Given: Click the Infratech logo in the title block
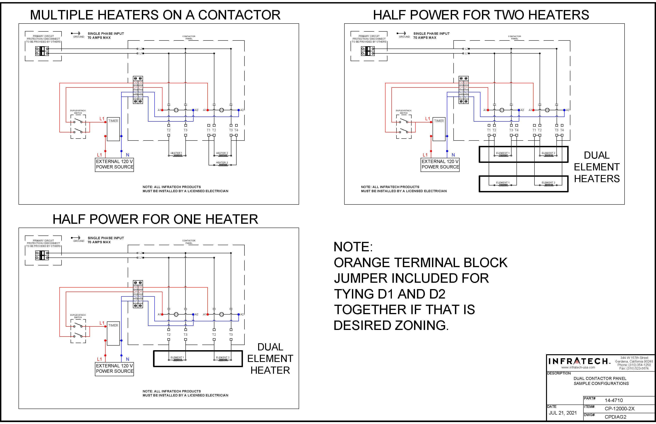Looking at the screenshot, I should [579, 361].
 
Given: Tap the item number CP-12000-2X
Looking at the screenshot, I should [619, 409].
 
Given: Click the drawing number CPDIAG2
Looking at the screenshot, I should [615, 417].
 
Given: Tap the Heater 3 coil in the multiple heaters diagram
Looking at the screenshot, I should [223, 165].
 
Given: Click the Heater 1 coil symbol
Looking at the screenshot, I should [177, 156].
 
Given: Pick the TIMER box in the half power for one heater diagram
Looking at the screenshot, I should [113, 333].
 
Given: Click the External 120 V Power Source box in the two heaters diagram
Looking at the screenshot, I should [440, 164].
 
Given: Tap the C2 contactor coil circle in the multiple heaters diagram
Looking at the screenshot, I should [221, 110].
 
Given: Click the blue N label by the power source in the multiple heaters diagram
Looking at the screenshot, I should [127, 155].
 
